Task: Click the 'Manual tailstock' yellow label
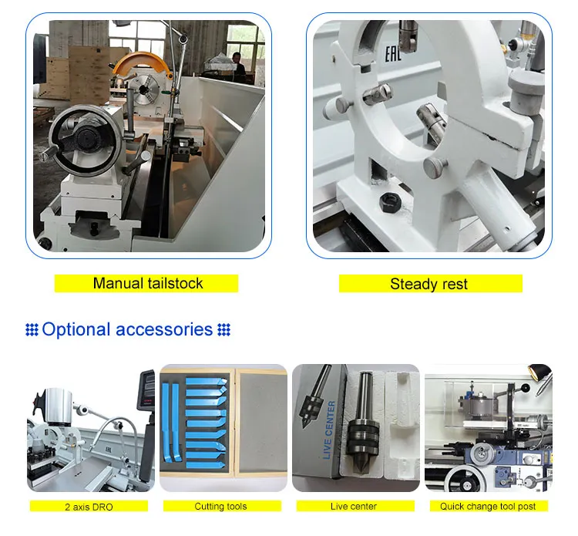pyautogui.click(x=147, y=283)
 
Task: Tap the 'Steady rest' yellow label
pyautogui.click(x=428, y=284)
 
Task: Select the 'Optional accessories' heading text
pyautogui.click(x=127, y=330)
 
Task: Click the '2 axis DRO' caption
pyautogui.click(x=91, y=507)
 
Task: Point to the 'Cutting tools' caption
pyautogui.click(x=220, y=507)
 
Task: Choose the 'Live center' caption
pyautogui.click(x=354, y=507)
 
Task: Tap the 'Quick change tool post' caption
pyautogui.click(x=488, y=507)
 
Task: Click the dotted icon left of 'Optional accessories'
pyautogui.click(x=32, y=330)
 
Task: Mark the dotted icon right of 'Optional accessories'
pyautogui.click(x=224, y=330)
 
